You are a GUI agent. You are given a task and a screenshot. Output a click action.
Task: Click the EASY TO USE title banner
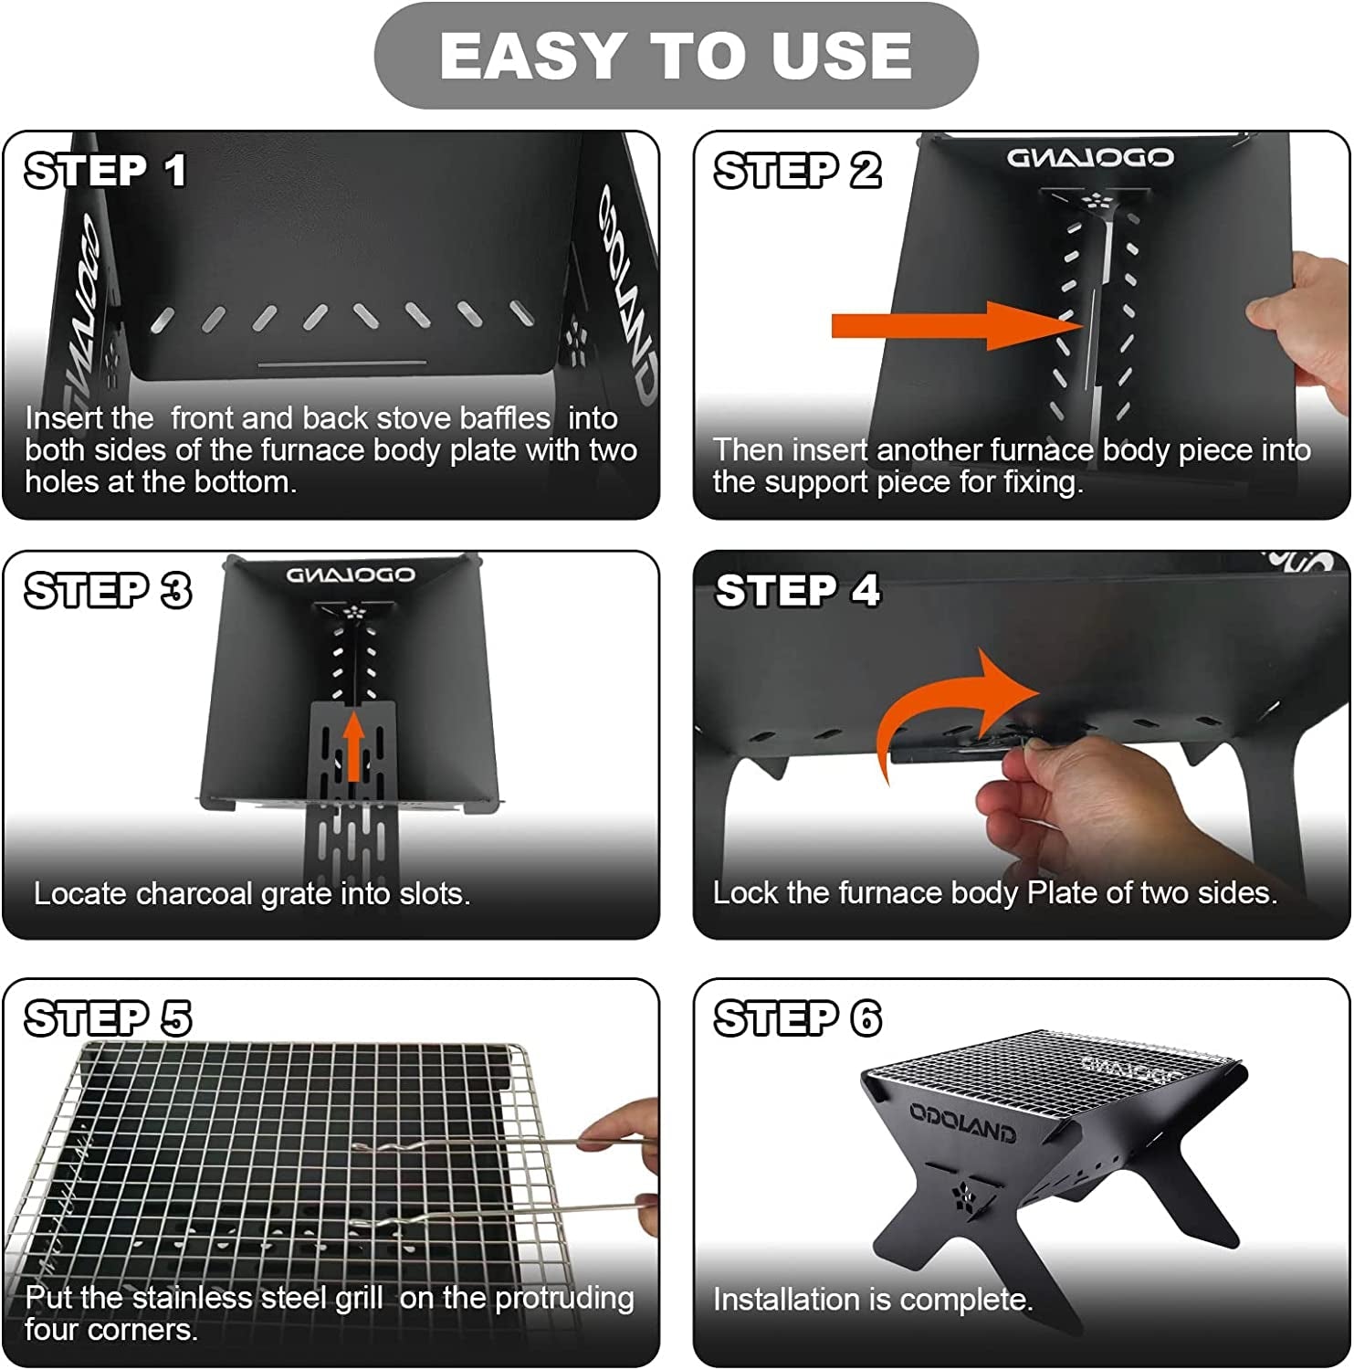click(x=676, y=56)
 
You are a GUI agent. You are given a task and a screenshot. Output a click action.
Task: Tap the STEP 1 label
click(x=106, y=171)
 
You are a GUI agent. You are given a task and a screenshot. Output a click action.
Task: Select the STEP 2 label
click(x=797, y=171)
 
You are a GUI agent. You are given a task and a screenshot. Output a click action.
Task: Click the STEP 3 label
click(x=108, y=591)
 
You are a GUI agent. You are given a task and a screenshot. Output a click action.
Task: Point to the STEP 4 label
click(x=797, y=591)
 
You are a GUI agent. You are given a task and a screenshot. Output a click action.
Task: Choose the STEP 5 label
click(x=108, y=1018)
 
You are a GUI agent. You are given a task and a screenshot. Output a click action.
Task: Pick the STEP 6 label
click(x=797, y=1018)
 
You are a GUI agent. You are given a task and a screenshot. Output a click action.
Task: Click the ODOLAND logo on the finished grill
click(x=961, y=1121)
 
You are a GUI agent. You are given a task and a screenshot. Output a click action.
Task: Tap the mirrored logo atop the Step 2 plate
click(x=1090, y=158)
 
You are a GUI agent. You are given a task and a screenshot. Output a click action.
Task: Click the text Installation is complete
click(x=872, y=1300)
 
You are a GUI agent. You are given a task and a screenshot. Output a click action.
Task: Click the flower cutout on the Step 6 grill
click(x=964, y=1197)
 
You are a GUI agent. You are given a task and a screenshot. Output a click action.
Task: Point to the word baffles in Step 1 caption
click(x=505, y=418)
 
